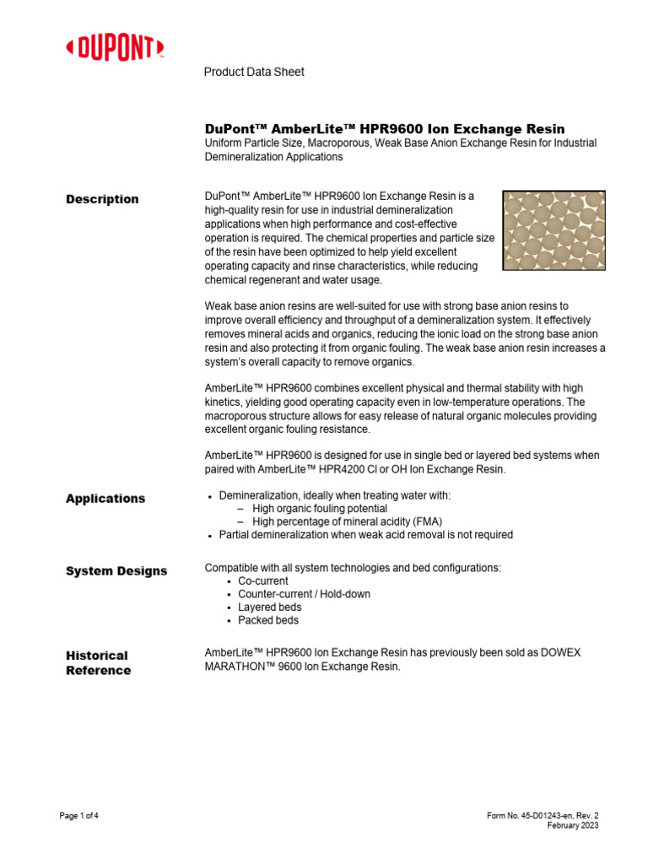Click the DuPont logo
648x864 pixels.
tap(115, 48)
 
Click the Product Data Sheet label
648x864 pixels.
tap(254, 72)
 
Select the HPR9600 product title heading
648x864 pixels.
tap(385, 128)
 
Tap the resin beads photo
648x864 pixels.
tap(553, 230)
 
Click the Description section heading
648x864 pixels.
tap(102, 199)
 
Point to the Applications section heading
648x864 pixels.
tap(105, 499)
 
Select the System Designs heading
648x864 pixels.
tap(116, 571)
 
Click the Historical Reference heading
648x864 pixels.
tap(98, 663)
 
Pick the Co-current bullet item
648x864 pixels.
tap(262, 581)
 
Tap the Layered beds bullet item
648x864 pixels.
tap(269, 607)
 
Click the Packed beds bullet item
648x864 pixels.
tap(267, 620)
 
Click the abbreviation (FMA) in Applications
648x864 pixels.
tap(425, 521)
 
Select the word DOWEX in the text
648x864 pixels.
tap(558, 653)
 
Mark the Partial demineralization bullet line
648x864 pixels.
tap(365, 535)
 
